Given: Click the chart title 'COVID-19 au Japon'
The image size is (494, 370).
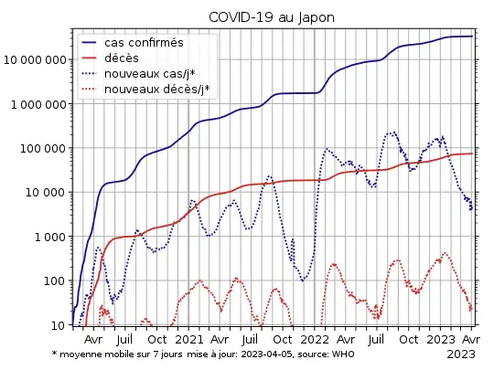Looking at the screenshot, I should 272,17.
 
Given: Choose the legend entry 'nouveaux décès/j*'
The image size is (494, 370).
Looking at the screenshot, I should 156,89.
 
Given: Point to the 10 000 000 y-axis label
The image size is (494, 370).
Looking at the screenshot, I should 36,60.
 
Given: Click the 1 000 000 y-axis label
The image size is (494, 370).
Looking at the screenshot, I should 39,104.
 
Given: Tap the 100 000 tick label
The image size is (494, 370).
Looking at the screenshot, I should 44,148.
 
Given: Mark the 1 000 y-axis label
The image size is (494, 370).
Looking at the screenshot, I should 51,237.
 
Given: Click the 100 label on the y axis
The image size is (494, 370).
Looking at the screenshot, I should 56,280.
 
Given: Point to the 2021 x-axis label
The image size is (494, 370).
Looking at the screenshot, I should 189,340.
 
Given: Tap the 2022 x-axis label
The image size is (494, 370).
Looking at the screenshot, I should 314,340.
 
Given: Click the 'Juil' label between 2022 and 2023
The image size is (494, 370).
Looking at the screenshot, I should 376,340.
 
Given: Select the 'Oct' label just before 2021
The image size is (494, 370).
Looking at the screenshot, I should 158,340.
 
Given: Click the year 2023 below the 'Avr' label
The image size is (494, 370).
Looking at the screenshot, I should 461,354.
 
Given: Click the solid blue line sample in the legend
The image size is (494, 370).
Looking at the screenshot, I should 90,43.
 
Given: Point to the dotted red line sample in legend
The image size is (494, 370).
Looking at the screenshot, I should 90,89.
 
